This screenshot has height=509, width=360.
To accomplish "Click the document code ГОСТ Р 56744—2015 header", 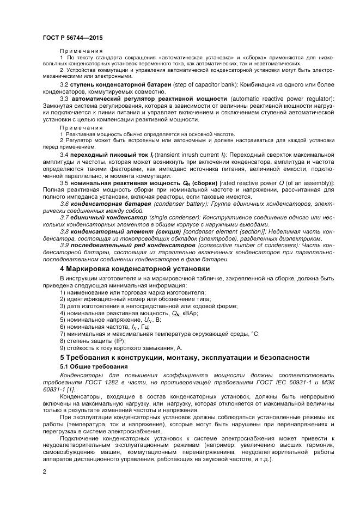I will coord(72,38).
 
